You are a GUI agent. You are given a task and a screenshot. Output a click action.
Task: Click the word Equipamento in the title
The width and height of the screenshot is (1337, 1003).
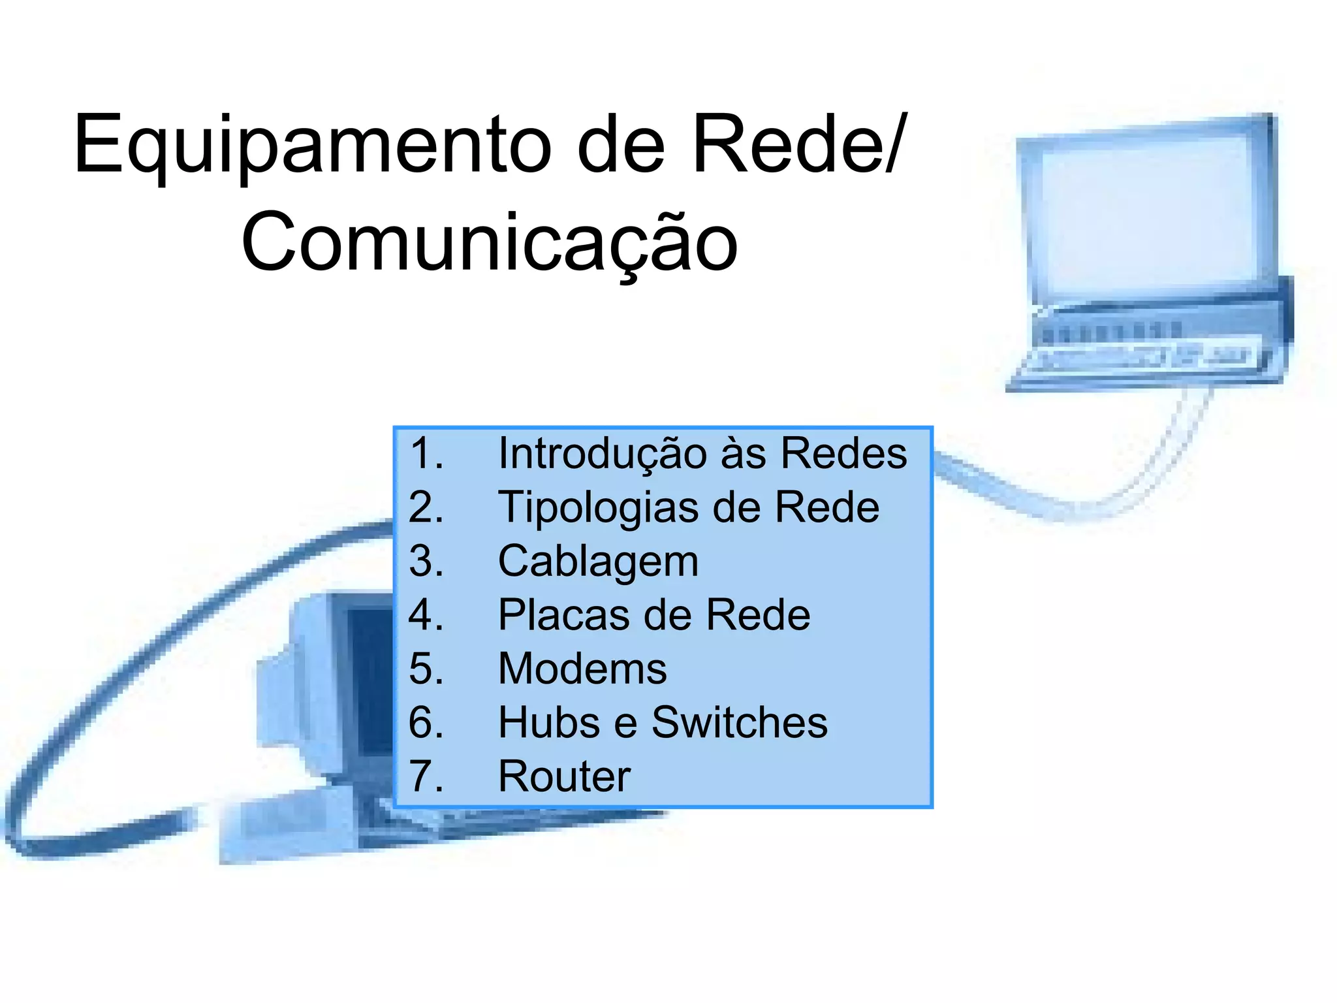[313, 145]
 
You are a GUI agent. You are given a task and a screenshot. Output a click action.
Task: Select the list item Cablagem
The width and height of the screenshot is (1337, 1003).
[598, 562]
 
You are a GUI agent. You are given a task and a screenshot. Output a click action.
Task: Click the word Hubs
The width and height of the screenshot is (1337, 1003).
[549, 723]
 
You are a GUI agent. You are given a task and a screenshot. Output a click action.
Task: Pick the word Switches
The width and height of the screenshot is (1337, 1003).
[740, 723]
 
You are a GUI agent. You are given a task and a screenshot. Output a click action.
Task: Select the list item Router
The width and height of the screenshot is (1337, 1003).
[564, 776]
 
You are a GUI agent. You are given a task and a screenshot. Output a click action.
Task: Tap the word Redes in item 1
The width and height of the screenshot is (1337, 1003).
[843, 453]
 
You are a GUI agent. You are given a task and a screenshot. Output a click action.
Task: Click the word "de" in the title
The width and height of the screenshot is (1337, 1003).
[621, 145]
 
